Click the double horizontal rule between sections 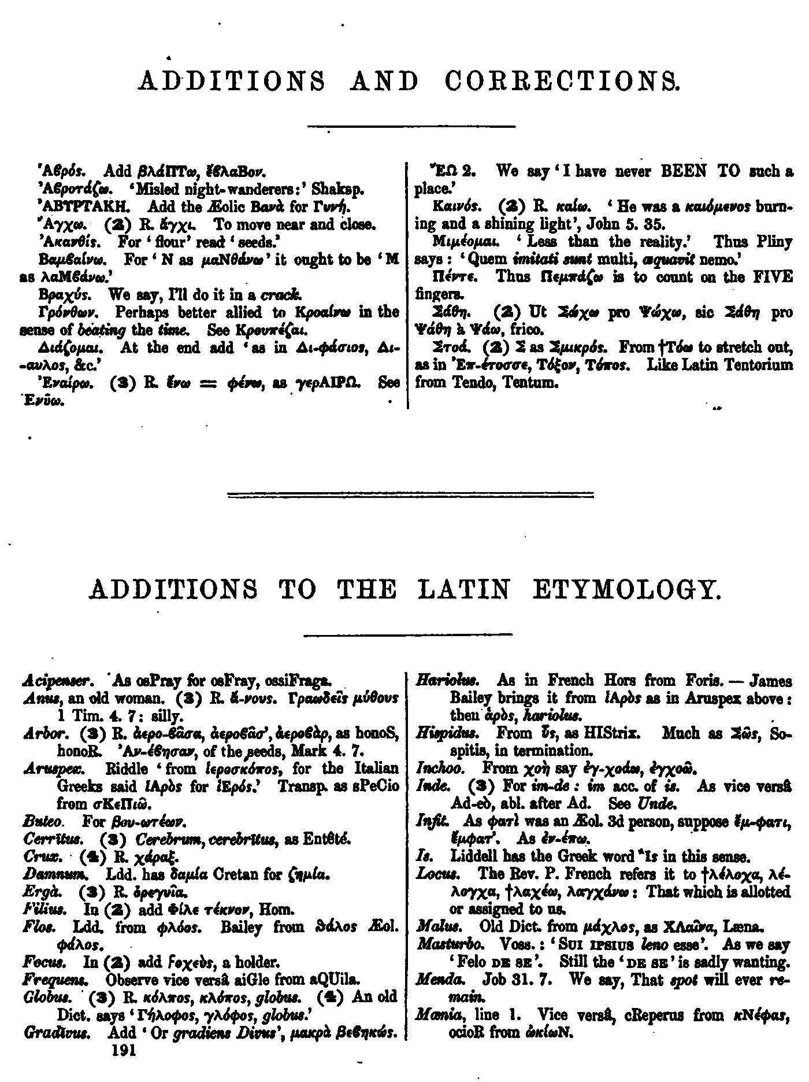click(x=411, y=495)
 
